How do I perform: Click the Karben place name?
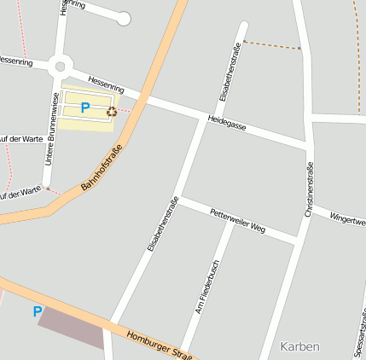click(299, 346)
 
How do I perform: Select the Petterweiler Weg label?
click(237, 221)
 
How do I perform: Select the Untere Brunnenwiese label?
click(52, 128)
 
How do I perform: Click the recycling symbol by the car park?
click(112, 110)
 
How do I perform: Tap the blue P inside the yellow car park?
click(84, 107)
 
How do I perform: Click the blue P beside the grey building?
click(37, 311)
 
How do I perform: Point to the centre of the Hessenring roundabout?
click(59, 65)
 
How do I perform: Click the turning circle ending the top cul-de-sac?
click(125, 18)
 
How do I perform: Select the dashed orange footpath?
click(272, 44)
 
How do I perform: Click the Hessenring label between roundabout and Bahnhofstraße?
click(107, 83)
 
